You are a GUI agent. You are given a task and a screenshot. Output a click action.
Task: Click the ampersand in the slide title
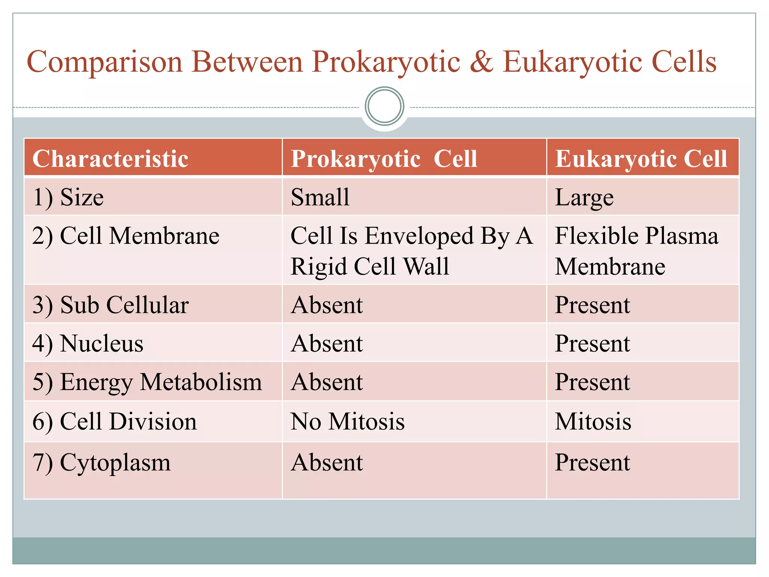pyautogui.click(x=481, y=62)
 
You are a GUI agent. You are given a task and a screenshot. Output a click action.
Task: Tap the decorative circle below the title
pyautogui.click(x=384, y=106)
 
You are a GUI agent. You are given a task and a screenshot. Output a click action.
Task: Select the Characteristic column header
pyautogui.click(x=110, y=159)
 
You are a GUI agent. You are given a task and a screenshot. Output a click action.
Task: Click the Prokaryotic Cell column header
pyautogui.click(x=384, y=159)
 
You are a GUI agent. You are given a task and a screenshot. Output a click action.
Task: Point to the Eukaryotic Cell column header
pyautogui.click(x=641, y=159)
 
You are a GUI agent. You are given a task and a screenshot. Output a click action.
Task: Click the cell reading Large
pyautogui.click(x=584, y=198)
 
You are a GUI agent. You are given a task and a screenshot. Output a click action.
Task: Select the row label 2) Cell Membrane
pyautogui.click(x=126, y=236)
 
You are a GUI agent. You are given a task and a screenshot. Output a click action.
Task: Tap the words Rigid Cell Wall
pyautogui.click(x=370, y=267)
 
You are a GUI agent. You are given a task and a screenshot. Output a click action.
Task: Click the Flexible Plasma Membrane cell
pyautogui.click(x=636, y=251)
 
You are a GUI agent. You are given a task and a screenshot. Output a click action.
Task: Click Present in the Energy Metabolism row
pyautogui.click(x=592, y=382)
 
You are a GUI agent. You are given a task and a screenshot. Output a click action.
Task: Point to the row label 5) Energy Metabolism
pyautogui.click(x=147, y=382)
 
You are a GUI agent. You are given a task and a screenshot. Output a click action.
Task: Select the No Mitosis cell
pyautogui.click(x=348, y=421)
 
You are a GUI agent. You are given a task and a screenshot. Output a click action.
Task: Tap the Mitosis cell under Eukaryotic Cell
pyautogui.click(x=593, y=421)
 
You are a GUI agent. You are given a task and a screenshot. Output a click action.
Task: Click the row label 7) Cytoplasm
pyautogui.click(x=101, y=462)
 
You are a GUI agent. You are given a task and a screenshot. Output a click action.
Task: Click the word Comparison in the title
pyautogui.click(x=104, y=62)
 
